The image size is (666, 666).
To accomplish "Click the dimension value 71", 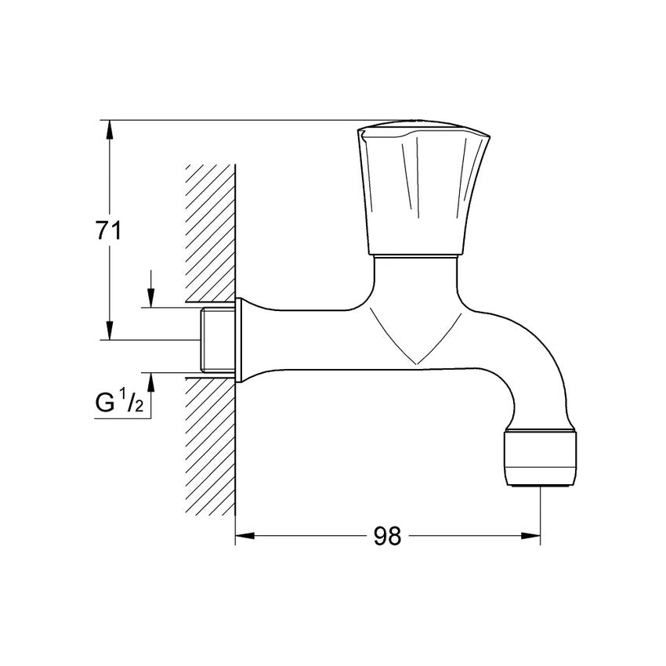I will (107, 231).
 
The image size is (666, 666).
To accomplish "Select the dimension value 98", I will (387, 536).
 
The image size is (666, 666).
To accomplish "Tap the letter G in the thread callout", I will (103, 404).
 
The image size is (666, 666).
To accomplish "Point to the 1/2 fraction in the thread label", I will (130, 403).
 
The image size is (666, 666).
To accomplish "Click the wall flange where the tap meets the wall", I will (241, 339).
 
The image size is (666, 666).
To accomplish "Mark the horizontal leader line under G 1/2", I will (121, 418).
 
